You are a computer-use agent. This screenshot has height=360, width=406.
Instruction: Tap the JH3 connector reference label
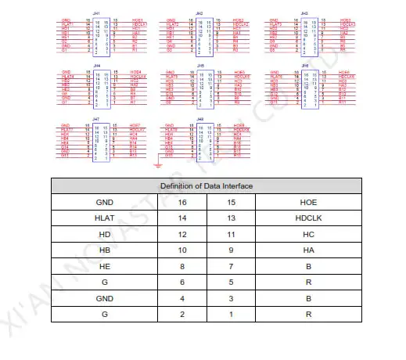[304, 13]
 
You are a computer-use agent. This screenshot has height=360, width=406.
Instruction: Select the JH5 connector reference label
[200, 66]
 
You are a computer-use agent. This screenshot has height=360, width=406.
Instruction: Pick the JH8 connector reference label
[200, 119]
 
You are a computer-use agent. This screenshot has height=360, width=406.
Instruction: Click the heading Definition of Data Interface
[207, 185]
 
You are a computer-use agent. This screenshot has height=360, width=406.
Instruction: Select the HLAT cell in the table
[103, 218]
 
